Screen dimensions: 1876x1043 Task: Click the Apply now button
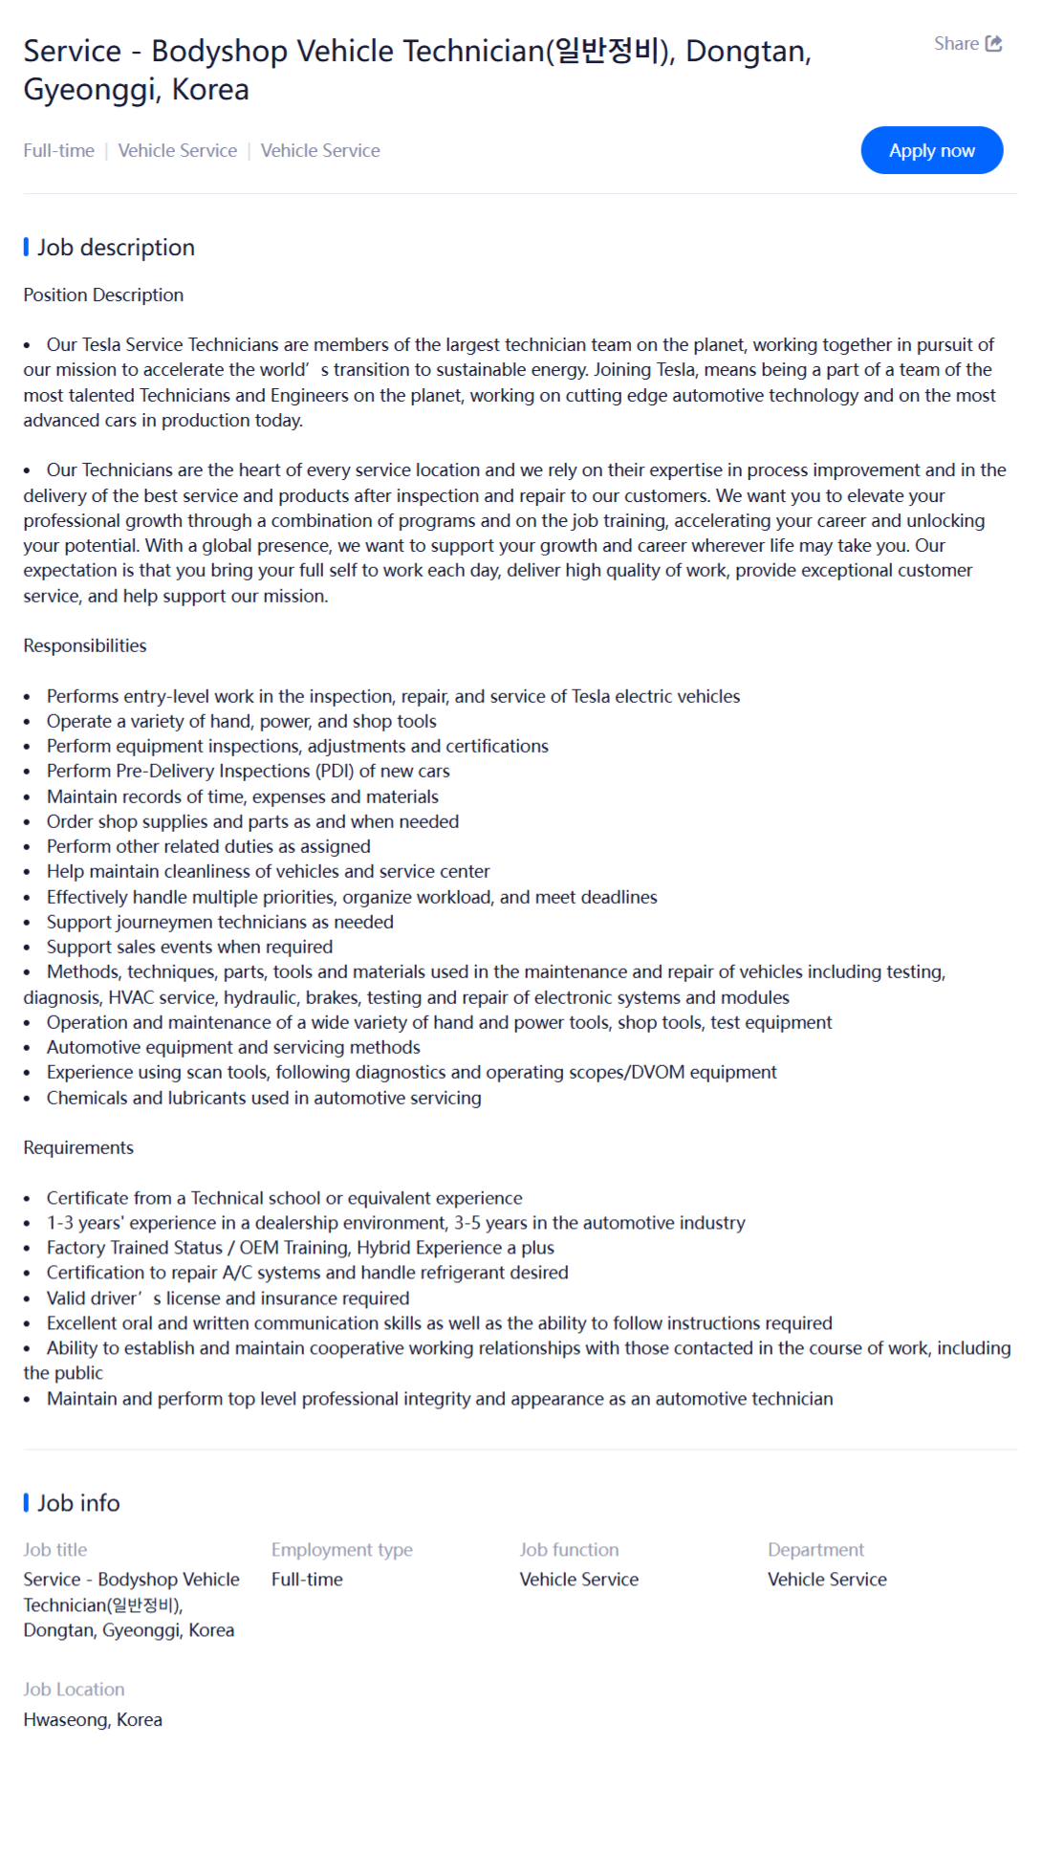[931, 150]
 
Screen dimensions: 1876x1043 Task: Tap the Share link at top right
[967, 44]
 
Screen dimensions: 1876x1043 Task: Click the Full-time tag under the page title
[58, 150]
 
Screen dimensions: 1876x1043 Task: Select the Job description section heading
[115, 248]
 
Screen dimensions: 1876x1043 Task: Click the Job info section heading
[78, 1503]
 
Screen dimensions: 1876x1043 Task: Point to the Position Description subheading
[103, 295]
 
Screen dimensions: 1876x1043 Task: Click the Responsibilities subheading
[85, 646]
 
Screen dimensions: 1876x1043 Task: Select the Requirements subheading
[78, 1147]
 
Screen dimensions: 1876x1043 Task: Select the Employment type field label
[341, 1550]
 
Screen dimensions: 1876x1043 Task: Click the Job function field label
[569, 1550]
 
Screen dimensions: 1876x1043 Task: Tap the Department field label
[815, 1550]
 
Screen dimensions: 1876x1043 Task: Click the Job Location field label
[74, 1690]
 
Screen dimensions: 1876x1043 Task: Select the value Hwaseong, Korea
[93, 1720]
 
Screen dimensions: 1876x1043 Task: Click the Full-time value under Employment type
[307, 1580]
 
